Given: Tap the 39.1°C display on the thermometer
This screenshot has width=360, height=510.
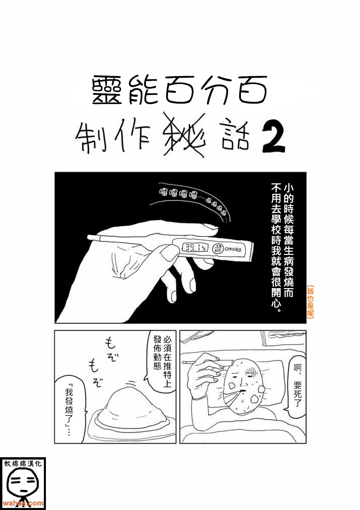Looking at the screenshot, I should [195, 248].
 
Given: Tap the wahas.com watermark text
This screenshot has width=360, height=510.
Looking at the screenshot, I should [23, 503].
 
